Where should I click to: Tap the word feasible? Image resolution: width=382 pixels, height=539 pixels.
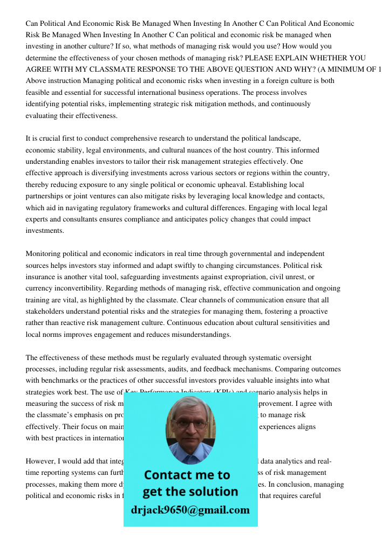[x=39, y=92]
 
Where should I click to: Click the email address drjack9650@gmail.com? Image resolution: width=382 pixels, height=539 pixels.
[x=190, y=510]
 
